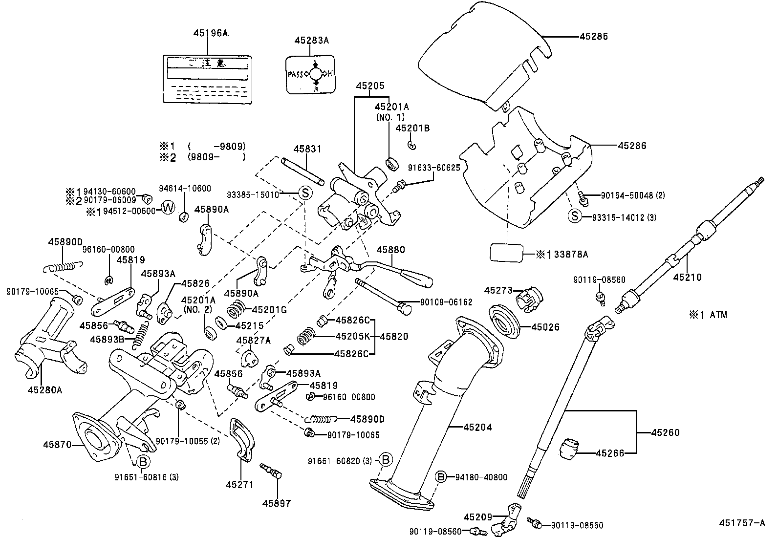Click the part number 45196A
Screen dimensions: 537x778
click(211, 33)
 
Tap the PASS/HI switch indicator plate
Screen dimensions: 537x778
click(311, 74)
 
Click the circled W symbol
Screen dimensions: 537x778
click(168, 208)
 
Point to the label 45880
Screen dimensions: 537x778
click(390, 250)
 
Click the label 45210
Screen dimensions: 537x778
click(687, 277)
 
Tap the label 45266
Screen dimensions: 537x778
click(610, 453)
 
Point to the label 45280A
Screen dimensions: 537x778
click(45, 389)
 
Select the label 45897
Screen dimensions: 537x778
click(276, 503)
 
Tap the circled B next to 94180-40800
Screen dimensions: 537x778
click(441, 477)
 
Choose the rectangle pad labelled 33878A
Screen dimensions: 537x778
click(506, 254)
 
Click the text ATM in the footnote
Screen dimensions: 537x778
click(718, 315)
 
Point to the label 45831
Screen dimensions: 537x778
click(307, 149)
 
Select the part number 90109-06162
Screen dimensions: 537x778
click(446, 302)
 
